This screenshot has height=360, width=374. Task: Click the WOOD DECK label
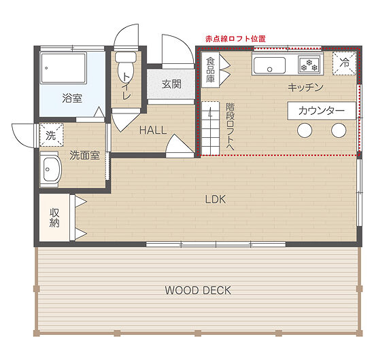click(x=198, y=290)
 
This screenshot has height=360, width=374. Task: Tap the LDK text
click(x=216, y=199)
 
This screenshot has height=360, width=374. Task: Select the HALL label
click(x=153, y=130)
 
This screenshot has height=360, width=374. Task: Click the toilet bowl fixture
click(x=126, y=67)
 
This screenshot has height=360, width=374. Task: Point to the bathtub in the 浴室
click(x=63, y=68)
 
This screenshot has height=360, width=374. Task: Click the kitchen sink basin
click(x=269, y=65)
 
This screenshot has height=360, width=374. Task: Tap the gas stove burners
click(x=309, y=65)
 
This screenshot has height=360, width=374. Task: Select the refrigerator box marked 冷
click(x=344, y=63)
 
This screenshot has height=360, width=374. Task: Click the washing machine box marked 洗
click(x=51, y=135)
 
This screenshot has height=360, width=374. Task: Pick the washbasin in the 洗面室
click(x=51, y=169)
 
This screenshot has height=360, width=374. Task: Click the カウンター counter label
click(x=322, y=111)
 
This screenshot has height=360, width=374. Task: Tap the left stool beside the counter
click(x=305, y=130)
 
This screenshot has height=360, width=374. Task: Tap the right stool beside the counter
click(x=339, y=130)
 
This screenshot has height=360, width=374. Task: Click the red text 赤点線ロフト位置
click(x=235, y=39)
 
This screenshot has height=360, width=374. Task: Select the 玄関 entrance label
click(x=171, y=84)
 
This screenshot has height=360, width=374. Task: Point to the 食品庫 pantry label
click(x=210, y=70)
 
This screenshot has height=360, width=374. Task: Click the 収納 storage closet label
click(x=54, y=217)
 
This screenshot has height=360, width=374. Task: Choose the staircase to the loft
click(x=211, y=128)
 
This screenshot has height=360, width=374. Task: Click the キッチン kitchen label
click(x=305, y=88)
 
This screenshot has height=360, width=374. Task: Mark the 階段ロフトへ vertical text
click(x=231, y=127)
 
